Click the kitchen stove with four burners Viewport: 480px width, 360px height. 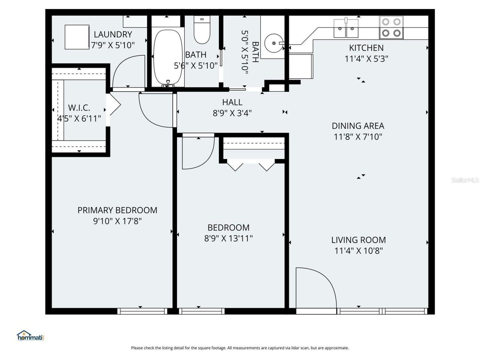pos(391,27)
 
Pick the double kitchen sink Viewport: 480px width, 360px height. pos(346,28)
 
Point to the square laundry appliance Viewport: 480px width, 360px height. pos(77,37)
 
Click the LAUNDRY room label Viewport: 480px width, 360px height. pos(113,34)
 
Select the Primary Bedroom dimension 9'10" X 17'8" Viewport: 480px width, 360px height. pos(117,221)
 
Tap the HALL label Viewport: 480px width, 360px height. pos(232,102)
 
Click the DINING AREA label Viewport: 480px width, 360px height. pos(358,126)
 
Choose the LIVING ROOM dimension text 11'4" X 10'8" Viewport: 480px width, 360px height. pos(358,250)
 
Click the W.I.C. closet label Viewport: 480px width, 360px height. pos(79,108)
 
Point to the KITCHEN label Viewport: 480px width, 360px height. pos(366,48)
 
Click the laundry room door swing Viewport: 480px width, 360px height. pos(127,71)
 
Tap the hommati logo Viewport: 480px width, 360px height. pos(30,335)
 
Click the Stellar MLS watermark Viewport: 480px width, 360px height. pos(465,180)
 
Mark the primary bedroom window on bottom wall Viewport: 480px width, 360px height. pos(142,311)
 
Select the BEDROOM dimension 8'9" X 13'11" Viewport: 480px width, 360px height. pos(228,238)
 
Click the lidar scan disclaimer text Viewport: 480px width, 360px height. pos(240,348)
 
